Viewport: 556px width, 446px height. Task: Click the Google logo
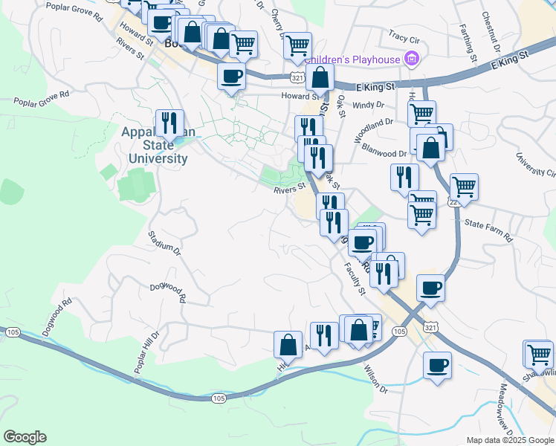tap(24, 437)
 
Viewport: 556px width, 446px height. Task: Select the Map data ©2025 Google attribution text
tap(509, 440)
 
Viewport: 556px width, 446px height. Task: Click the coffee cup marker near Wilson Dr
tap(438, 365)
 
